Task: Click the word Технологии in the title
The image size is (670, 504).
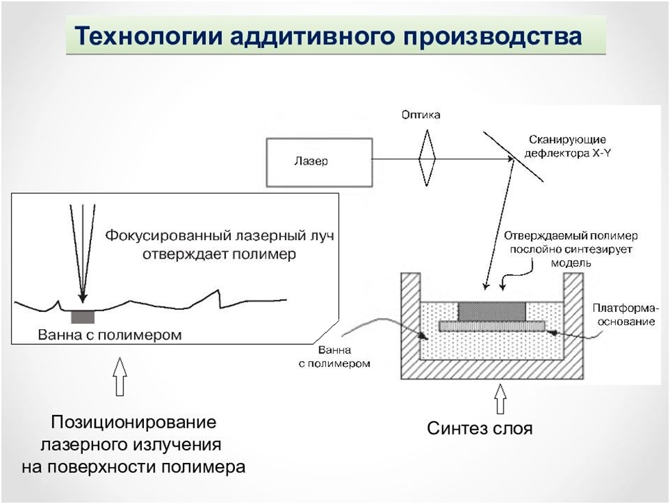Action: pos(147,35)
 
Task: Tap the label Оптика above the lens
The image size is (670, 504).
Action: pos(421,115)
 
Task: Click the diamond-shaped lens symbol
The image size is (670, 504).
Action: pos(427,158)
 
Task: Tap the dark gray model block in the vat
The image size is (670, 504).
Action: pos(492,311)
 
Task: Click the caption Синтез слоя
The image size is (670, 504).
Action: pos(480,429)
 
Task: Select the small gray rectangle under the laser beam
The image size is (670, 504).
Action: pos(83,317)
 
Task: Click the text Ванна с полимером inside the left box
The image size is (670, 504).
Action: pos(110,335)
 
